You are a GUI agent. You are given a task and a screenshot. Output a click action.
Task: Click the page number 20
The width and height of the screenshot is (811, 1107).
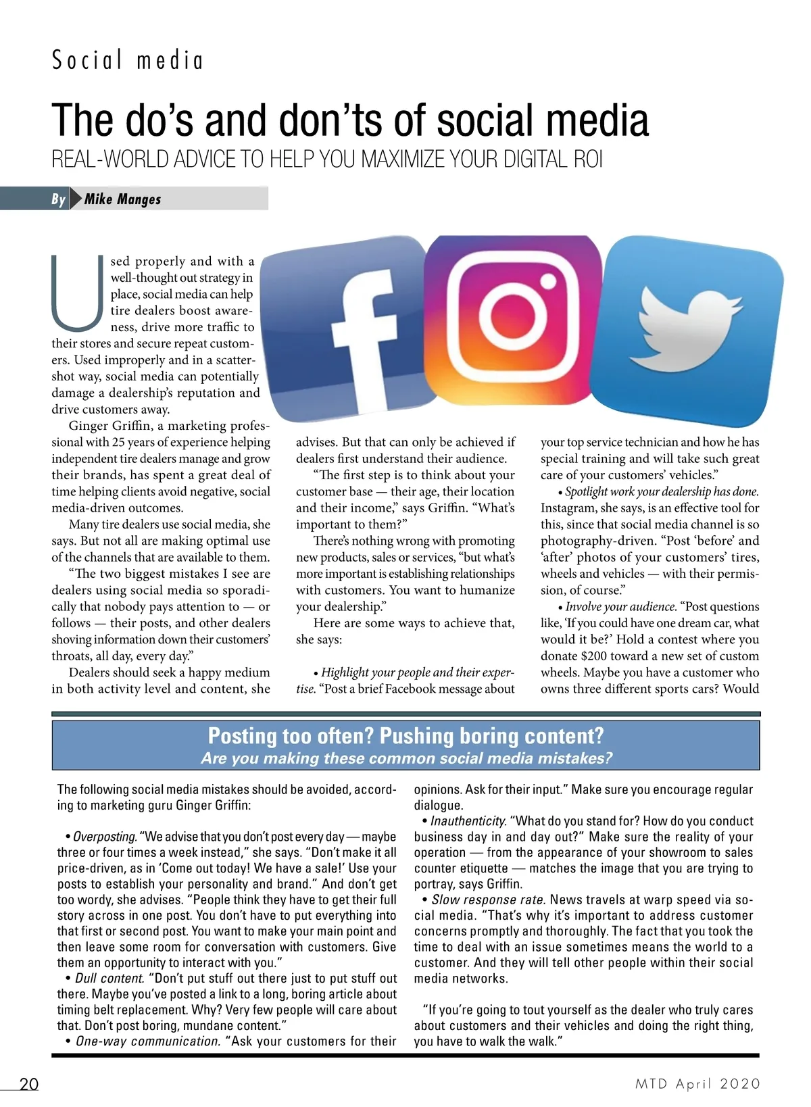[29, 1084]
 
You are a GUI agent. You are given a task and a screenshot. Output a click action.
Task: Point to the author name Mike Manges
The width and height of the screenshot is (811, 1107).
[123, 199]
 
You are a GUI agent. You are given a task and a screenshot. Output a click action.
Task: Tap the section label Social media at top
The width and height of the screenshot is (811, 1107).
[128, 61]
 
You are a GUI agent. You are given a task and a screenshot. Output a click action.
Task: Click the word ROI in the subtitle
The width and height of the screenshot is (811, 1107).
[587, 160]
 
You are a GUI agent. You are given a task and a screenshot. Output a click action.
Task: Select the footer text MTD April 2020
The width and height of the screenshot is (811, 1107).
[697, 1084]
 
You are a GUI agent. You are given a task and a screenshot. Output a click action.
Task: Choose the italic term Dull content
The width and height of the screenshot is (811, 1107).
[109, 979]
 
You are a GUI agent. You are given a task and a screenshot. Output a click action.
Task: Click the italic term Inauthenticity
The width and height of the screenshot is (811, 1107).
[468, 821]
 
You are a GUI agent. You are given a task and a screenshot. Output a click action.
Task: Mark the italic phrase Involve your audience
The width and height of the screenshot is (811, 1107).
[620, 607]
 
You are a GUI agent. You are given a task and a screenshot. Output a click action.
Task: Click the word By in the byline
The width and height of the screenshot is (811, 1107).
[59, 199]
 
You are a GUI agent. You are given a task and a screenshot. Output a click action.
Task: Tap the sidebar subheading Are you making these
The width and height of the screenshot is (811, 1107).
[405, 758]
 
